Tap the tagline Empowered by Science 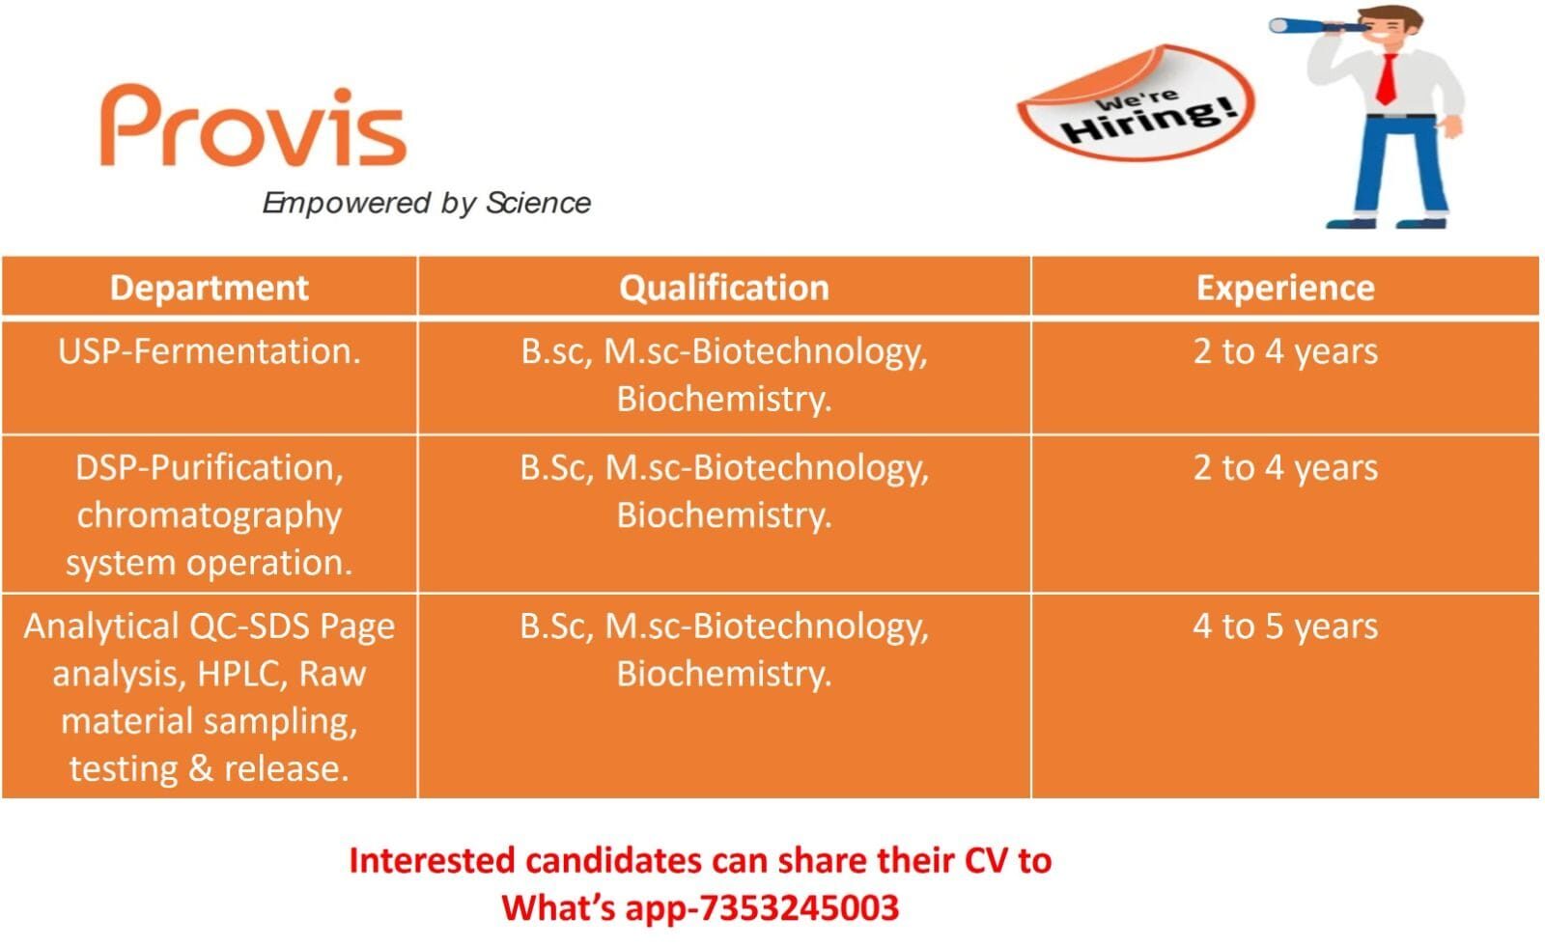tap(426, 203)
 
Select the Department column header tap(209, 288)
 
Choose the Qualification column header tap(724, 288)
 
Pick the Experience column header tap(1284, 288)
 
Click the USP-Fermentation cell tap(209, 351)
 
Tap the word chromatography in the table tap(209, 515)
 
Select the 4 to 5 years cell tap(1284, 626)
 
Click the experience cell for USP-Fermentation tap(1284, 351)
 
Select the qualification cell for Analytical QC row tap(724, 650)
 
